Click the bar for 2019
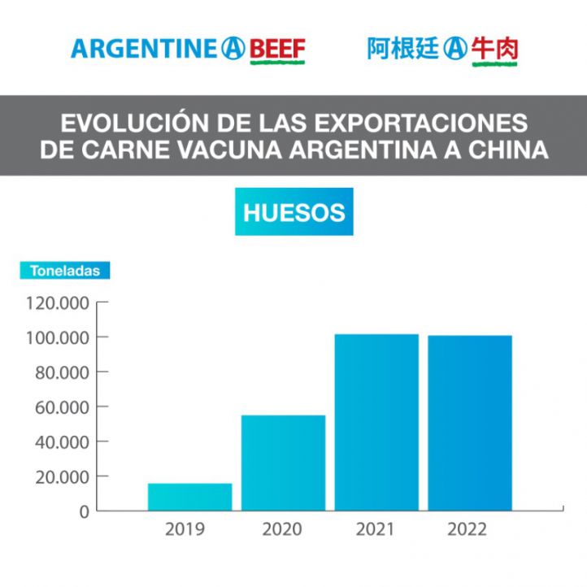point(189,497)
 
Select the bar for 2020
point(283,463)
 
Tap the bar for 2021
point(376,422)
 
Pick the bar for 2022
point(470,423)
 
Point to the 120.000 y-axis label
point(59,303)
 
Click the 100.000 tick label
point(59,337)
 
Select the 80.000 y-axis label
point(63,372)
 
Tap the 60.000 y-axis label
point(63,407)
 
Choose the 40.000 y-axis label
point(63,442)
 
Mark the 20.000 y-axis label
point(63,477)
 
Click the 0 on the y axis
point(83,512)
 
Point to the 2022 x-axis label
point(467,530)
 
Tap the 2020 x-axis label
point(281,530)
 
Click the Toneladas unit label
point(65,272)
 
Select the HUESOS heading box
point(293,213)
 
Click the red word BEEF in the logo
point(276,50)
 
